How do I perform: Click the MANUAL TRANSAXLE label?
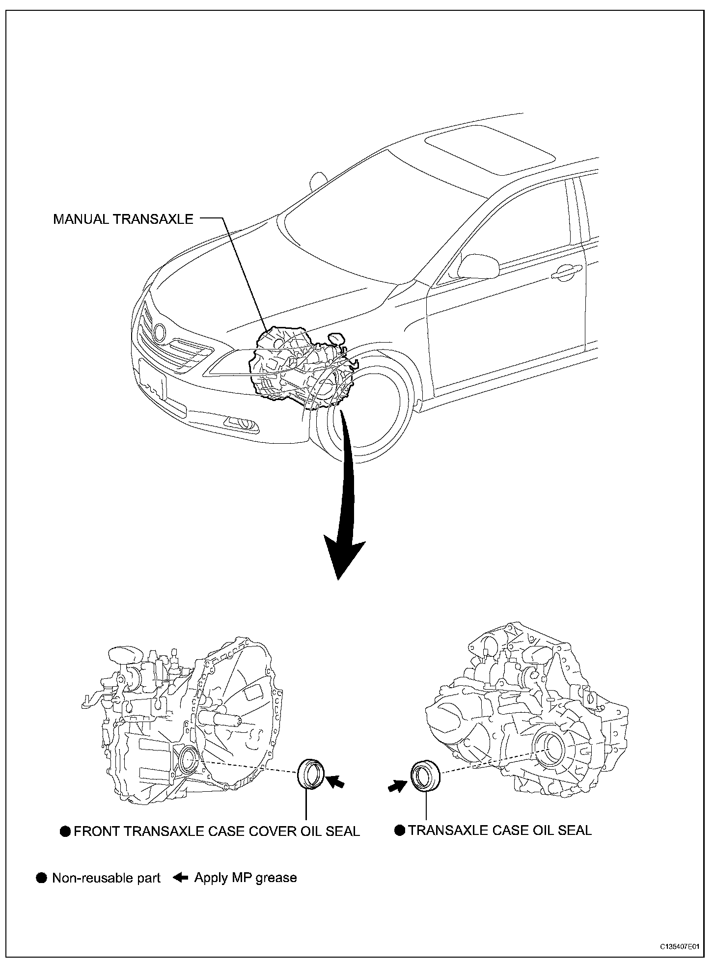[123, 219]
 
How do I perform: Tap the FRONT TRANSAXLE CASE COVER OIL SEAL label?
[217, 831]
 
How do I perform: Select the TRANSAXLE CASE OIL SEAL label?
[499, 830]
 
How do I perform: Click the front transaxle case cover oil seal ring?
[311, 774]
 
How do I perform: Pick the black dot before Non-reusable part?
[42, 878]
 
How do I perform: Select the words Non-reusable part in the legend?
[106, 878]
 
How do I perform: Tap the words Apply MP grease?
[246, 878]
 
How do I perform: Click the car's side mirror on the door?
[477, 266]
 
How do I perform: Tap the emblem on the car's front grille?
[160, 332]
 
